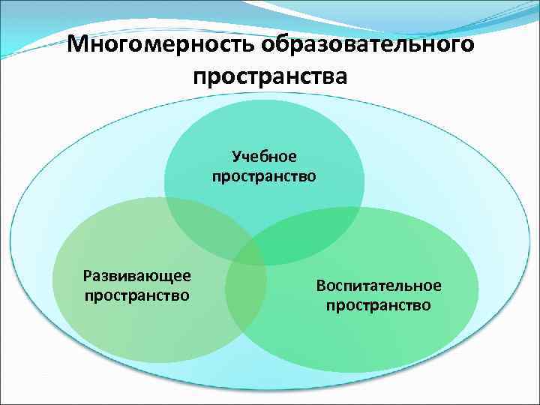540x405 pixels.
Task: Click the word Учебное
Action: coord(264,156)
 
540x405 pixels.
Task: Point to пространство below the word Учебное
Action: coord(264,176)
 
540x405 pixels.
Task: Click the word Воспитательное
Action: coord(378,286)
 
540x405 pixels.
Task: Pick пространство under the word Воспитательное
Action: coord(378,305)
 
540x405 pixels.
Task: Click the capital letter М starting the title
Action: coord(76,45)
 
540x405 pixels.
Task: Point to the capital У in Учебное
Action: coord(235,156)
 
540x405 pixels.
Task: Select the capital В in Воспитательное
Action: coord(321,286)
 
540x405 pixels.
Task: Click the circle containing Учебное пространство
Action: coord(264,127)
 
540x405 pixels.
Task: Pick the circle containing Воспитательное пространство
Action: coord(405,337)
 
